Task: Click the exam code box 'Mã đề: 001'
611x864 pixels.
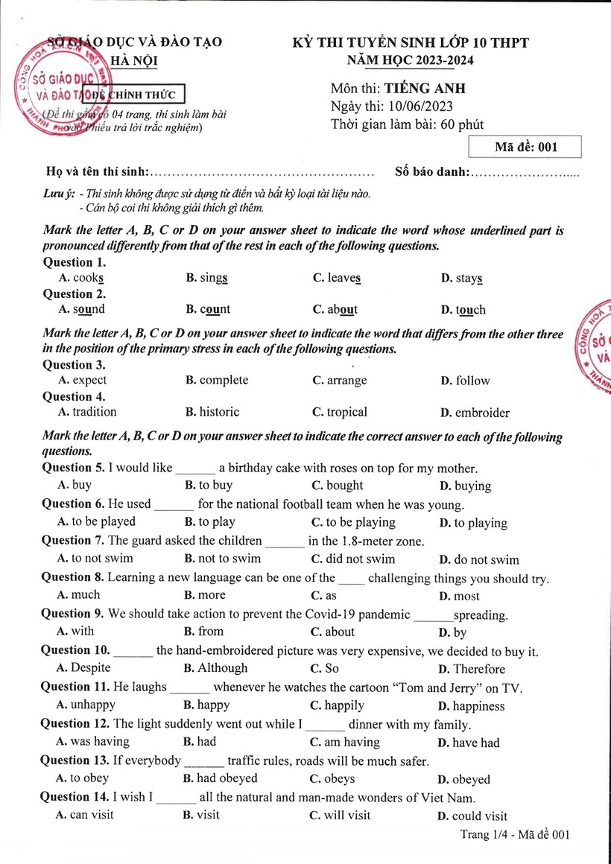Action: point(525,147)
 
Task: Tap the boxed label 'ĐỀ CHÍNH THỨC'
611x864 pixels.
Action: point(134,95)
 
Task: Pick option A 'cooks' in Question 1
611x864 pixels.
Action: point(80,278)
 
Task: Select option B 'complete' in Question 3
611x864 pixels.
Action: point(217,381)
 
